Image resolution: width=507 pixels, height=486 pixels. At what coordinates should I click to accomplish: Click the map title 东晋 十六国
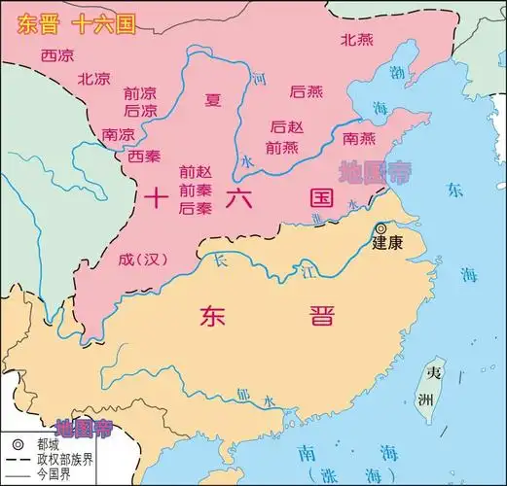[x=65, y=24]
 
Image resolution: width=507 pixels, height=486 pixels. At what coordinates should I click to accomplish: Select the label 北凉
[x=94, y=79]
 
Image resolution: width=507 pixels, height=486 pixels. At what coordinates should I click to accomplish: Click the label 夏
[x=213, y=98]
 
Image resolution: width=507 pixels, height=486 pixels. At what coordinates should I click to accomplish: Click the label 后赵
[x=288, y=127]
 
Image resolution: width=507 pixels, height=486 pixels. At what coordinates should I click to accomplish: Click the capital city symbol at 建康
[x=380, y=228]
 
